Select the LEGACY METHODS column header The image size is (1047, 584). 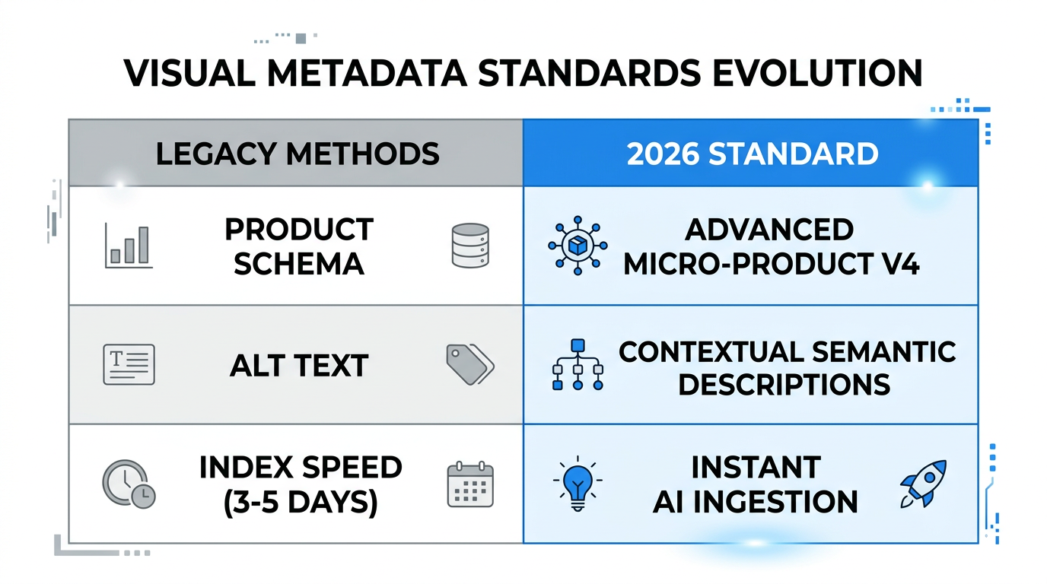(x=298, y=154)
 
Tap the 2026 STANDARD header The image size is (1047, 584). (x=752, y=154)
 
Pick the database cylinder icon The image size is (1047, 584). (x=470, y=246)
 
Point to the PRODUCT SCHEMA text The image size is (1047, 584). (x=299, y=246)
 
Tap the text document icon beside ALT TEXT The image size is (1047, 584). (x=128, y=364)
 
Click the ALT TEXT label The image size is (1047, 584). (x=299, y=366)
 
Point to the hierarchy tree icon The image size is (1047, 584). (x=577, y=365)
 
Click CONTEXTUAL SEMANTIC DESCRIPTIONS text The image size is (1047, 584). (x=787, y=367)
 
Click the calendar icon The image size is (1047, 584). (x=470, y=484)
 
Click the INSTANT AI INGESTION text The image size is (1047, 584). (x=756, y=484)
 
